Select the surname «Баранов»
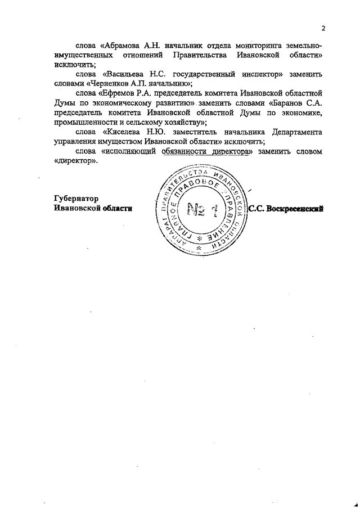[289, 104]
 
